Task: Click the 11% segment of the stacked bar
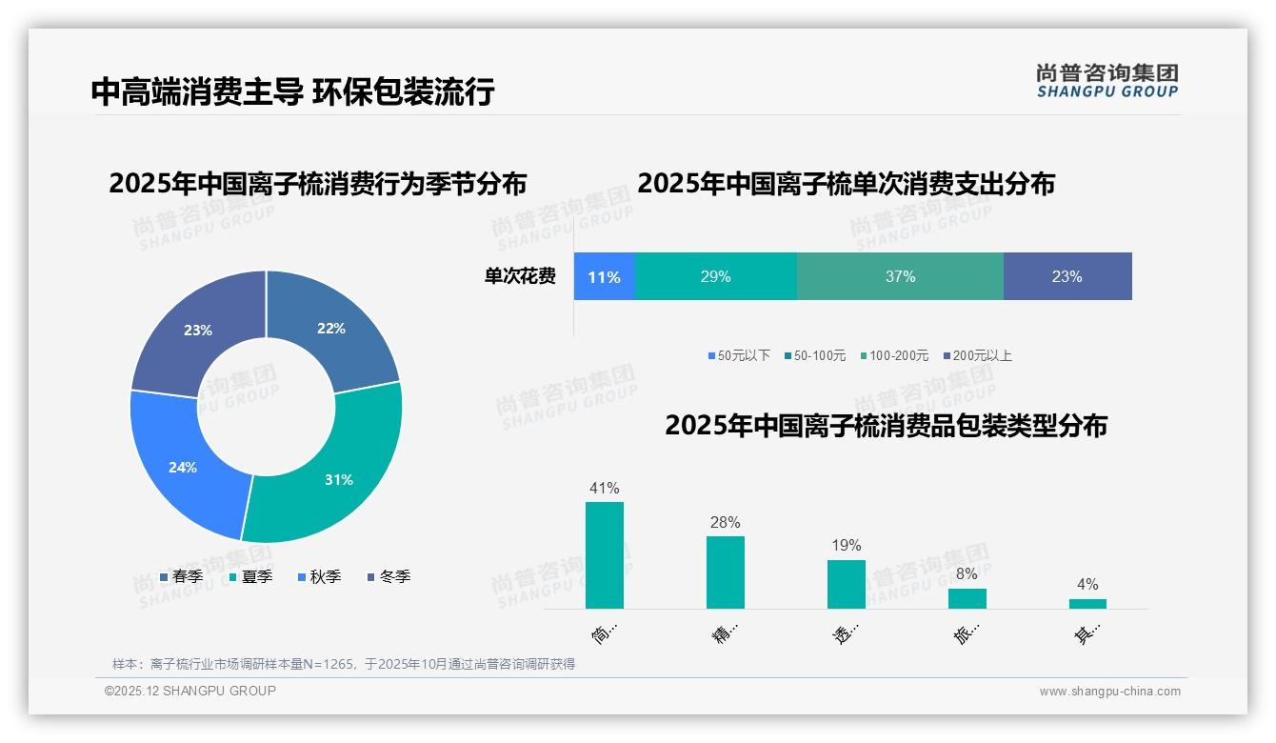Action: click(604, 276)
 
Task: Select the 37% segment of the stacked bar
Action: click(900, 276)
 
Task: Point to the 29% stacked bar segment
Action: click(715, 276)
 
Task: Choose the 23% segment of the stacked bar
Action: click(1067, 276)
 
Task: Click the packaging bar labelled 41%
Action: click(604, 555)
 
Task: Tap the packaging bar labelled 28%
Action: click(725, 572)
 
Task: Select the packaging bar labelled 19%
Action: click(846, 584)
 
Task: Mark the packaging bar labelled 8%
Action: click(967, 598)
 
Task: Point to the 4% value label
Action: click(1087, 584)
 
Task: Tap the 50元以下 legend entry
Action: click(739, 355)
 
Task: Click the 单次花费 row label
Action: click(520, 276)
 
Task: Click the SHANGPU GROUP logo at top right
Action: click(1107, 81)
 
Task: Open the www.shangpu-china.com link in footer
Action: click(1109, 691)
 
